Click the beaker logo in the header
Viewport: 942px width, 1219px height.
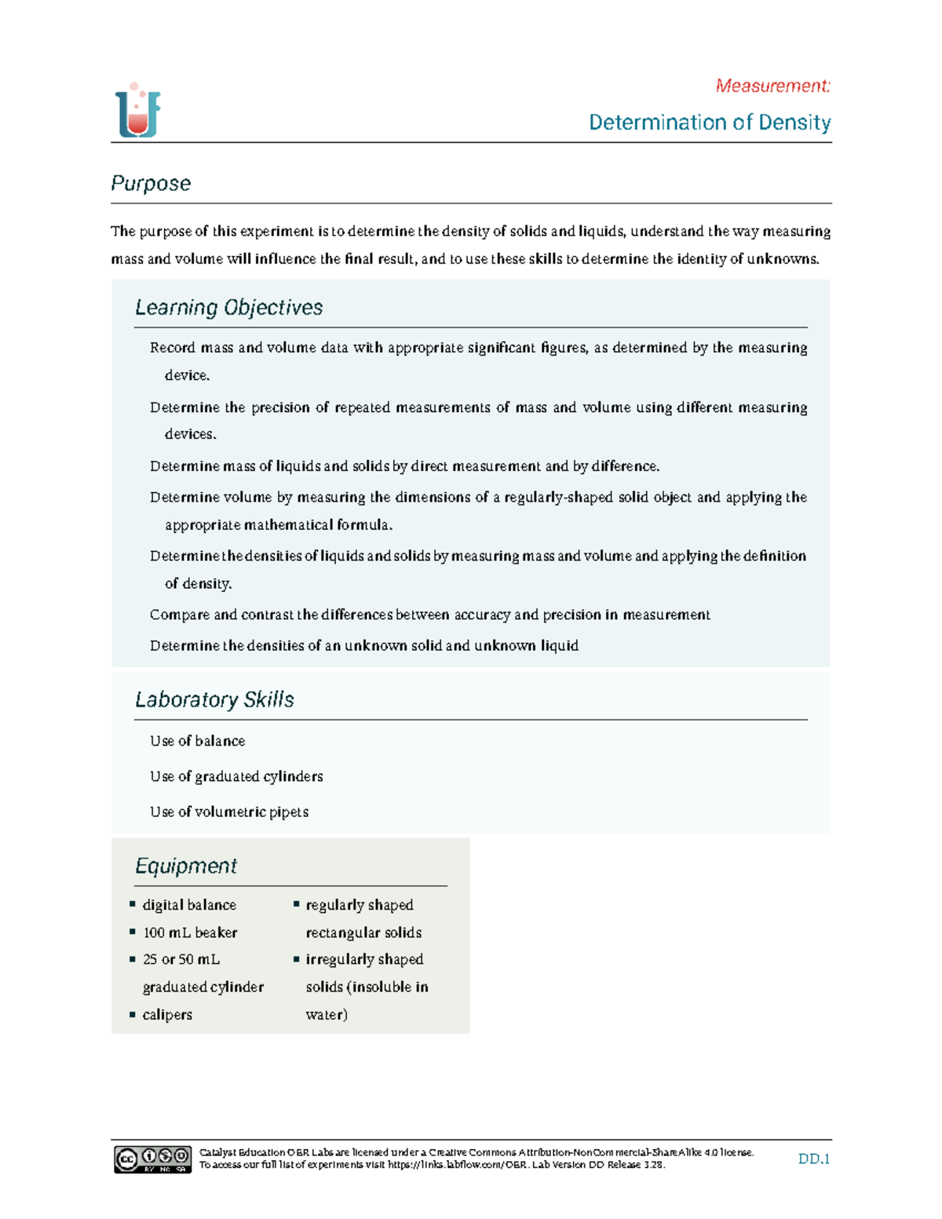pyautogui.click(x=138, y=111)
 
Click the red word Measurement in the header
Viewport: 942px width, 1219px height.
pyautogui.click(x=772, y=86)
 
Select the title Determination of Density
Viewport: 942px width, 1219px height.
pyautogui.click(x=710, y=122)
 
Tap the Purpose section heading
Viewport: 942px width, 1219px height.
pyautogui.click(x=151, y=183)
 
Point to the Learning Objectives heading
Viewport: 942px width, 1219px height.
pyautogui.click(x=228, y=307)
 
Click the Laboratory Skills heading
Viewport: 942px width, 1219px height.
pyautogui.click(x=214, y=699)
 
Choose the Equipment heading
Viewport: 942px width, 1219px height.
pyautogui.click(x=186, y=866)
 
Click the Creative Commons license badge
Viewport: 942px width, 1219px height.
pyautogui.click(x=152, y=1159)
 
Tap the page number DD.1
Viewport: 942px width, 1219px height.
pyautogui.click(x=814, y=1159)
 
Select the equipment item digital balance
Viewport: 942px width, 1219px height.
pyautogui.click(x=189, y=905)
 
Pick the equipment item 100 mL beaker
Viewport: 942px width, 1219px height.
pyautogui.click(x=190, y=932)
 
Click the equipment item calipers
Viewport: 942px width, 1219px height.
pyautogui.click(x=167, y=1014)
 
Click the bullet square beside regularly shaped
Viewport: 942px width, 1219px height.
pyautogui.click(x=297, y=904)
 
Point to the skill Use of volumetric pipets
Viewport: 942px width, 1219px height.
pyautogui.click(x=229, y=812)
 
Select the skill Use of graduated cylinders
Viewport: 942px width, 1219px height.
pyautogui.click(x=236, y=776)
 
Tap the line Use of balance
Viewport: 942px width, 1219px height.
pyautogui.click(x=197, y=741)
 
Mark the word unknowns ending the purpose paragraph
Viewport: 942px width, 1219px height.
pyautogui.click(x=782, y=259)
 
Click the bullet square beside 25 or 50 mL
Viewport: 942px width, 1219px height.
pyautogui.click(x=133, y=959)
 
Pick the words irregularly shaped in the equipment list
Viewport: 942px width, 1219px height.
pyautogui.click(x=364, y=959)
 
